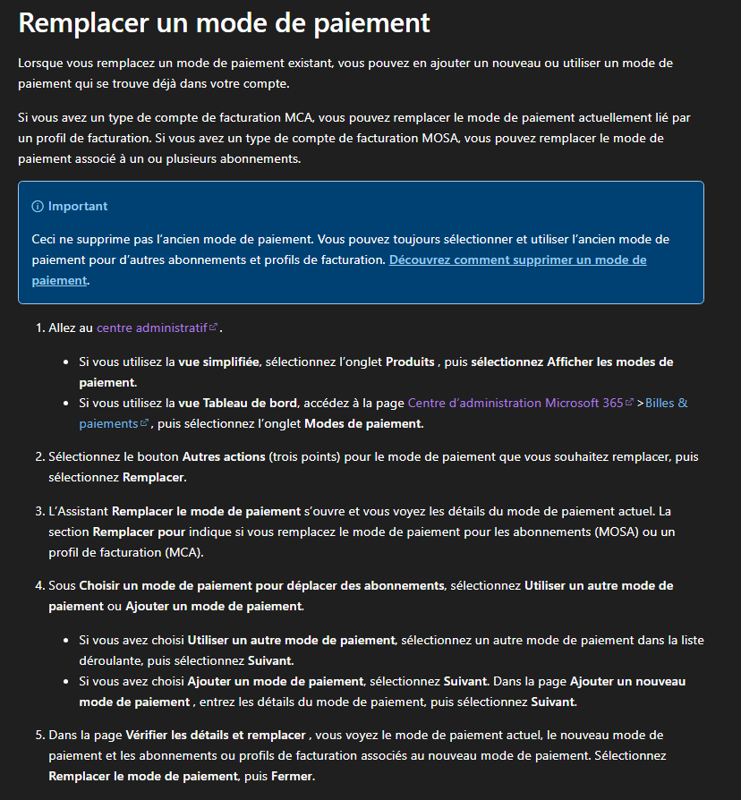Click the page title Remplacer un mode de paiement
(224, 22)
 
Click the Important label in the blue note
(78, 206)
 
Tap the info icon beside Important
(38, 206)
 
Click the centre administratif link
(152, 328)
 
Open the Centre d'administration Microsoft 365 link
(515, 403)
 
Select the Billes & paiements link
(666, 403)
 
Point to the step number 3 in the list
(39, 511)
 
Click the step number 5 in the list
(39, 735)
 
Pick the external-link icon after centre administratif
(213, 328)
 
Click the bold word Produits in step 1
(410, 362)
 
